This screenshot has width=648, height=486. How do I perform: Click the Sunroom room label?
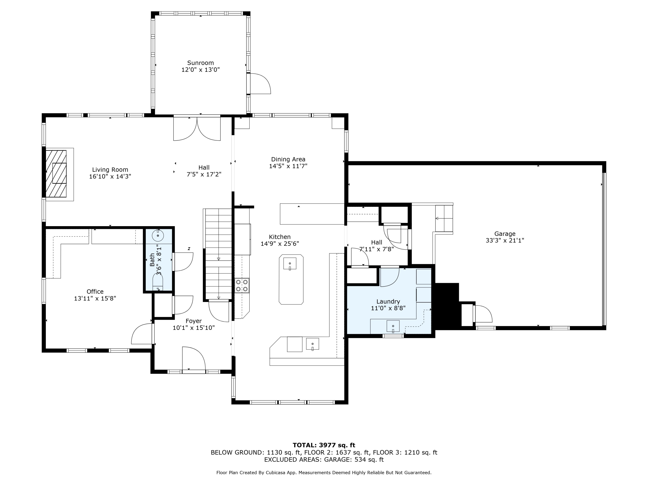(x=200, y=63)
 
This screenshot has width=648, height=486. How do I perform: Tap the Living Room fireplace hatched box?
(x=56, y=174)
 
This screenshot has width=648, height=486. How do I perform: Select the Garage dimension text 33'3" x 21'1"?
(x=505, y=240)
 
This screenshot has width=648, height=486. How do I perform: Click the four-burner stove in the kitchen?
(x=242, y=285)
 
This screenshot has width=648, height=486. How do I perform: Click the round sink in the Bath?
(x=158, y=235)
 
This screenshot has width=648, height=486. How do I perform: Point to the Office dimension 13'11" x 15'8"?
(x=95, y=299)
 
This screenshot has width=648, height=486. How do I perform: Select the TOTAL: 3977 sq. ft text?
(x=324, y=445)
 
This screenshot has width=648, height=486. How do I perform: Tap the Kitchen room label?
(x=280, y=237)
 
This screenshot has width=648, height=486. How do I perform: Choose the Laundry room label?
(x=388, y=302)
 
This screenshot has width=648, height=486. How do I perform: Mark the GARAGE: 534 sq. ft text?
(x=354, y=460)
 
